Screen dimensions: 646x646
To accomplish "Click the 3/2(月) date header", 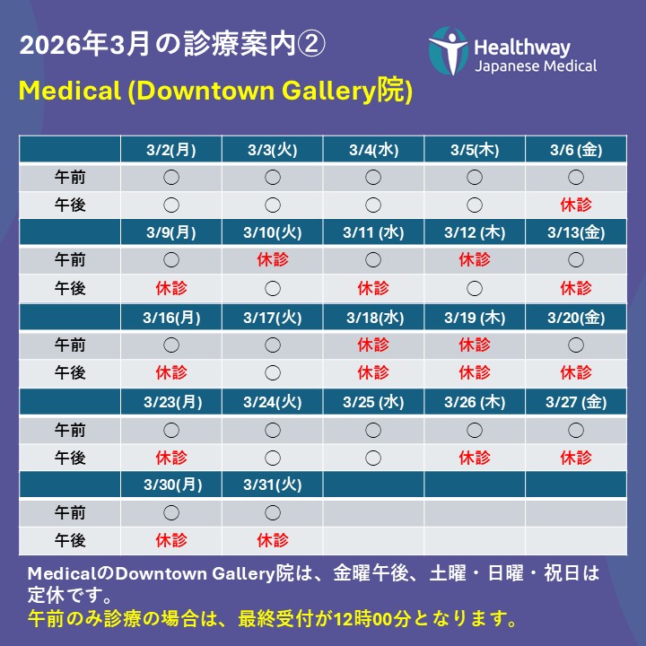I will (x=171, y=150).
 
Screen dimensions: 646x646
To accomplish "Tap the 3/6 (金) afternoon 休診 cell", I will (x=576, y=205).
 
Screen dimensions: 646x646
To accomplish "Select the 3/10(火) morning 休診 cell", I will (x=273, y=260).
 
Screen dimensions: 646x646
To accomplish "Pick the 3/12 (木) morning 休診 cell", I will (x=475, y=260).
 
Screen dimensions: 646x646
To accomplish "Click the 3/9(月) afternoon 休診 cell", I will (x=171, y=288).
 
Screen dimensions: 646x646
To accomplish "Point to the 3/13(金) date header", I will (x=576, y=233).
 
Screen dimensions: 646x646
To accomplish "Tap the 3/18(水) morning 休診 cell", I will (x=373, y=344).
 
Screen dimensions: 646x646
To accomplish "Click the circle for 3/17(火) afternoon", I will (x=273, y=372).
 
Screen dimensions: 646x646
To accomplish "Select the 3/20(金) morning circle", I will (x=576, y=345).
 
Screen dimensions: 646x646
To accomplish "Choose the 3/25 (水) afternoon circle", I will (x=373, y=457).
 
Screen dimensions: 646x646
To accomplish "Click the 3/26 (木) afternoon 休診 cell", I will (x=475, y=457).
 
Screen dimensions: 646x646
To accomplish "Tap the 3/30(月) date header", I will (x=171, y=484).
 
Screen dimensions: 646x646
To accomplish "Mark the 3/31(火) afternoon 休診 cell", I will (x=273, y=540).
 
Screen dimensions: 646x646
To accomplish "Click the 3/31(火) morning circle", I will (x=273, y=512).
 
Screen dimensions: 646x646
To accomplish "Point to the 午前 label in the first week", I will (x=70, y=177).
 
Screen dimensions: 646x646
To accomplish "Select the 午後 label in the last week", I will (x=70, y=540).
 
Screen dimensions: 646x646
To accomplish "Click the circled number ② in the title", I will (x=314, y=45).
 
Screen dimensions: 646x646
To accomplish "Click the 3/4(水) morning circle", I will (x=373, y=177).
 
